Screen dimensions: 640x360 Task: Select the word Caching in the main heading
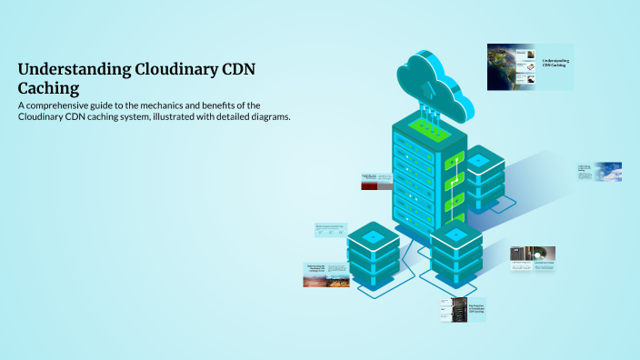[48, 88]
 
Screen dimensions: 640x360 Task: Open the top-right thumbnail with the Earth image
[530, 66]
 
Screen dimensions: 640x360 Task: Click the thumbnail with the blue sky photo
[597, 172]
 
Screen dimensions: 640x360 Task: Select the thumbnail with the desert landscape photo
[326, 275]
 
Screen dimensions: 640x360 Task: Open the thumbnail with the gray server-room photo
[533, 259]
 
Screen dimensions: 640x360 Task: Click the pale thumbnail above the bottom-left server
[331, 230]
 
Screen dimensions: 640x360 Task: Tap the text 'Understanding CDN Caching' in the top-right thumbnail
[556, 63]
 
